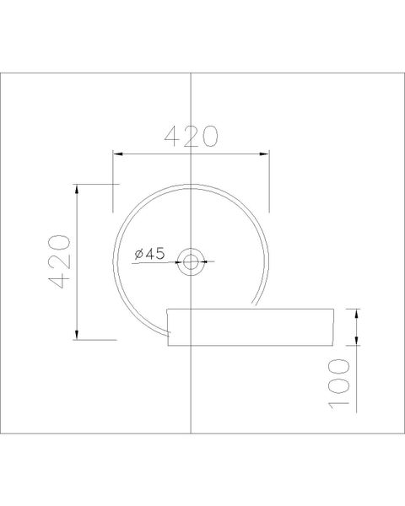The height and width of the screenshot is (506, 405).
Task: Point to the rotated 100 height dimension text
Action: tap(338, 383)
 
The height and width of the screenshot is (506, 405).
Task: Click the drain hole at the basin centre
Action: tap(192, 261)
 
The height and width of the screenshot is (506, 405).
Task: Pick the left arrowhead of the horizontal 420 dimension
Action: tap(118, 153)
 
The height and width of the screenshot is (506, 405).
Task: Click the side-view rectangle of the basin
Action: tap(253, 327)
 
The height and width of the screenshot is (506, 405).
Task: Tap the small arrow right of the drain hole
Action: tap(209, 261)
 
